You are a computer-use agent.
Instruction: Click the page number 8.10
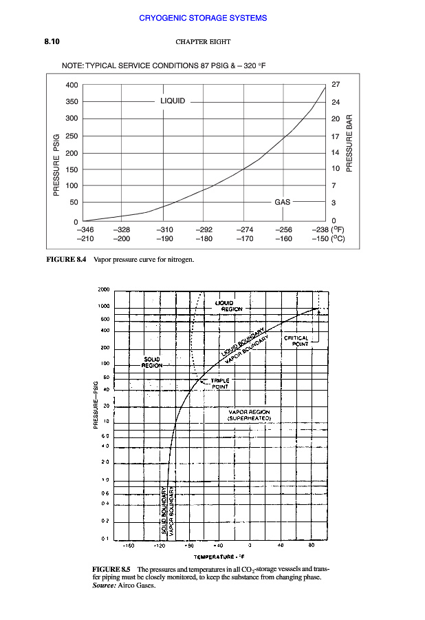tap(52, 42)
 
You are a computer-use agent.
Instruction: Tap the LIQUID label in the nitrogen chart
tap(172, 101)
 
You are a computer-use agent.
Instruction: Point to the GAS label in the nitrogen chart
tap(282, 203)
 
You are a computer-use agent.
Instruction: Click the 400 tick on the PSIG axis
tap(72, 85)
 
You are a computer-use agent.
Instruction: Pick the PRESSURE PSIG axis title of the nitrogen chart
tap(56, 165)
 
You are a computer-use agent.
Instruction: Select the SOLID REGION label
tap(152, 362)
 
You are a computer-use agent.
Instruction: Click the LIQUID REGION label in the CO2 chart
tap(224, 306)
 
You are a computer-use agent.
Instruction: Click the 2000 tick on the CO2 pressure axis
tap(103, 290)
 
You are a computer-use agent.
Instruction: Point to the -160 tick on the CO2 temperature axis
tap(128, 545)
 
